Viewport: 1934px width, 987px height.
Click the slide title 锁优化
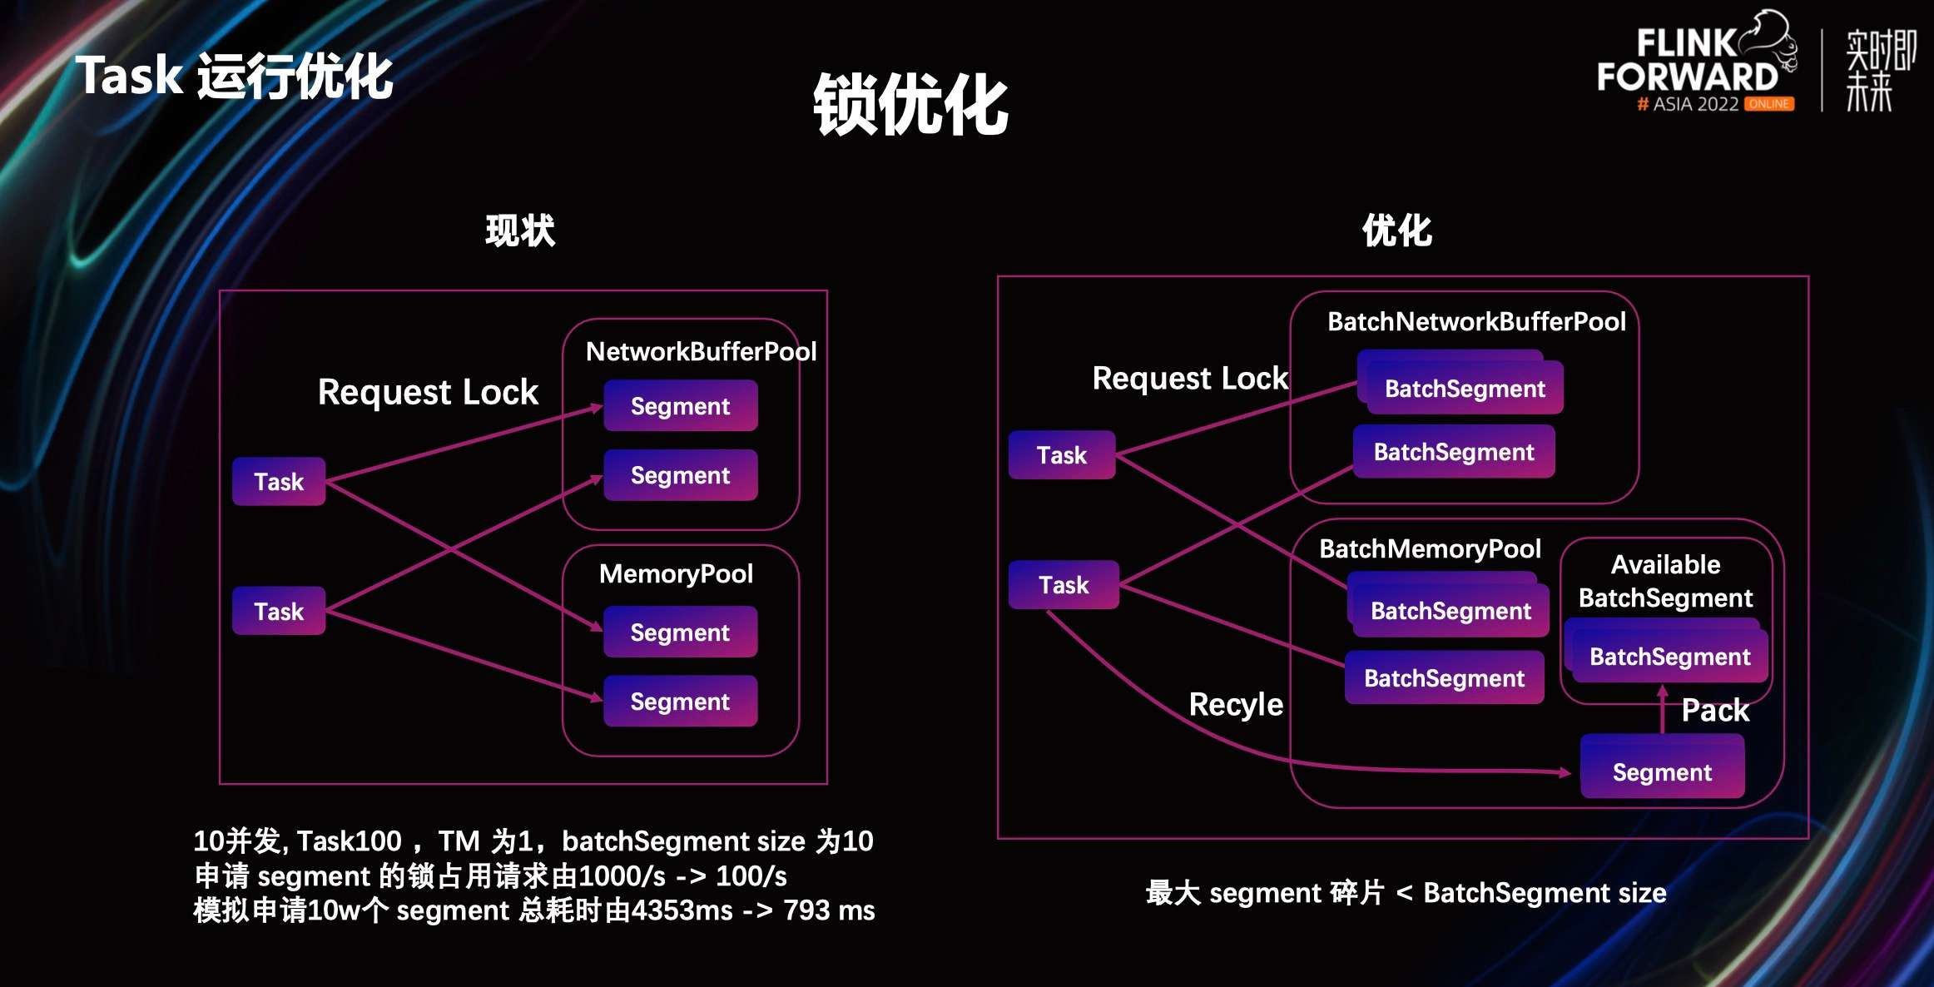coord(910,104)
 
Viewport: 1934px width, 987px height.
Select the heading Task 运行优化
coord(234,77)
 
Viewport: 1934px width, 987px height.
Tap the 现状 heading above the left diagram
coord(520,231)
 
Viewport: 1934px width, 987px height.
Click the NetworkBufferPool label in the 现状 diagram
coord(701,351)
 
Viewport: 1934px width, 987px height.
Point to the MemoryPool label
coord(676,573)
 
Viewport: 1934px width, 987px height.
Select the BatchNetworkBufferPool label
coord(1476,321)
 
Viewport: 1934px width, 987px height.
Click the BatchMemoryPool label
coord(1430,548)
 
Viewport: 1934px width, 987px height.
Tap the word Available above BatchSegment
coord(1665,564)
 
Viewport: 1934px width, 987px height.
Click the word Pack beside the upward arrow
coord(1715,711)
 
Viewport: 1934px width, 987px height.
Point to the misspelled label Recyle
coord(1236,704)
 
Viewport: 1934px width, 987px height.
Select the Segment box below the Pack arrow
coord(1662,772)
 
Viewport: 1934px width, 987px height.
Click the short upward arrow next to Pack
coord(1663,708)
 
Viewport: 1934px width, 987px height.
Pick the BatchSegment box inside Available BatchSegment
coord(1669,657)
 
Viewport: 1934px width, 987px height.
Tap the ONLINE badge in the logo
coord(1769,104)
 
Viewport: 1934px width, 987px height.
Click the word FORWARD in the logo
coord(1687,77)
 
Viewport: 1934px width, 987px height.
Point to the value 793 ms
coord(829,910)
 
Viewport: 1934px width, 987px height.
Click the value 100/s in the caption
coord(751,876)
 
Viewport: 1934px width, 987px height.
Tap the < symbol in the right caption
coord(1404,893)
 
